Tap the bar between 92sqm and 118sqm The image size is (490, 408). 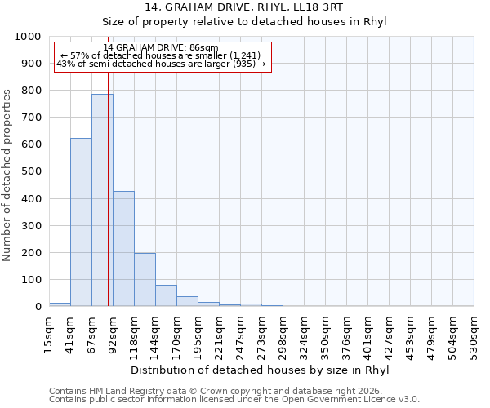pos(123,249)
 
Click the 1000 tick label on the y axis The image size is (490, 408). pos(27,37)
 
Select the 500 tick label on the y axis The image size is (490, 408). pos(30,172)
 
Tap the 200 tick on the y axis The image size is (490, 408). pos(30,253)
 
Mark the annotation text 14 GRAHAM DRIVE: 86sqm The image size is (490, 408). pos(161,47)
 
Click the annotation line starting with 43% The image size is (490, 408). pos(161,64)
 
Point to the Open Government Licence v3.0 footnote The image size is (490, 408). pos(234,400)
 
